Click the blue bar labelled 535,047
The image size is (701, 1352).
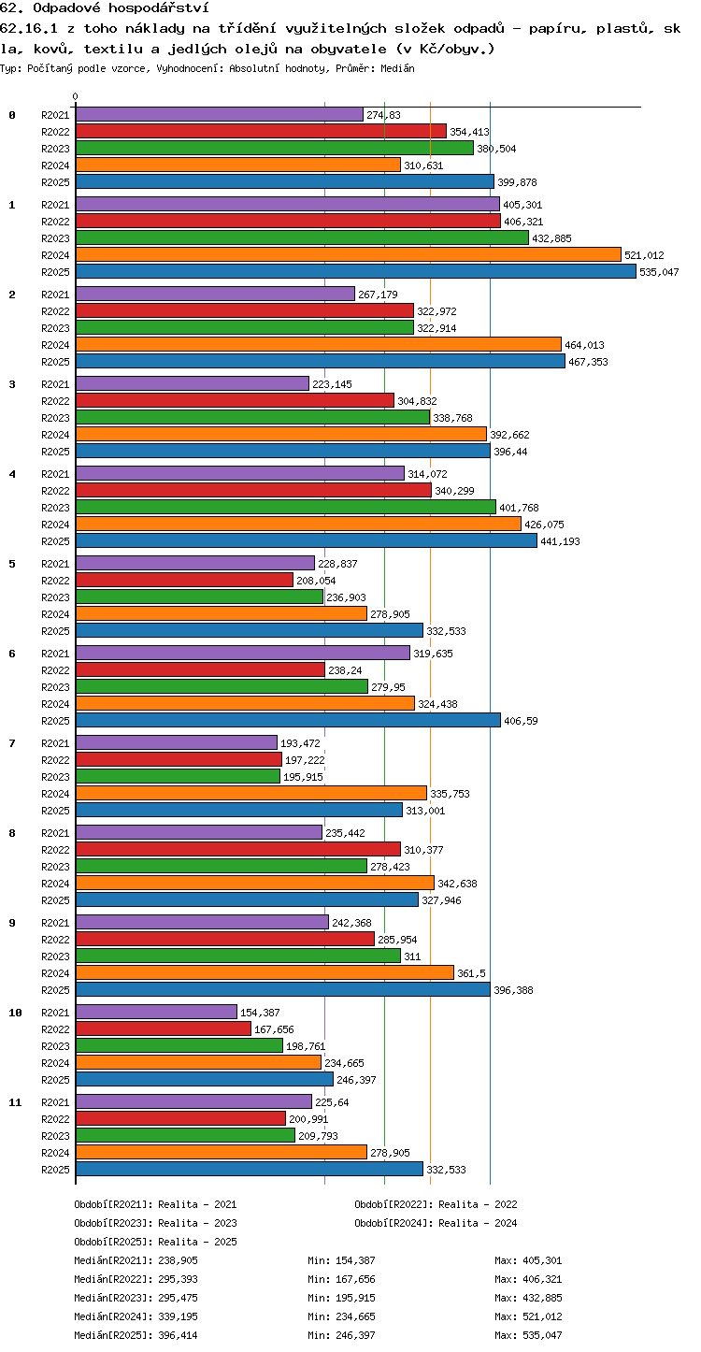[x=356, y=271]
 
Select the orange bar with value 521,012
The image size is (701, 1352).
[x=349, y=254]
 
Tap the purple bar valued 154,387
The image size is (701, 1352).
[x=156, y=1013]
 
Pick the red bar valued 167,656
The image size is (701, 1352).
[x=164, y=1029]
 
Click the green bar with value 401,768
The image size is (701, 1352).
[x=286, y=507]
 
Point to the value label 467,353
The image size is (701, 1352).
[x=588, y=362]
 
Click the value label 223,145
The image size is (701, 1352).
[x=332, y=384]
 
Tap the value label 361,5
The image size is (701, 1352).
[x=471, y=973]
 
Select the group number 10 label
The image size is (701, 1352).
[x=15, y=1013]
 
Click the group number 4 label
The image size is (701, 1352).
[x=12, y=474]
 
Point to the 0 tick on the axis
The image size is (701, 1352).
[x=76, y=96]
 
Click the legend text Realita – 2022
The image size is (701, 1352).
[x=478, y=1204]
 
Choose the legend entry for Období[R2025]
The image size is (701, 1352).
[x=156, y=1242]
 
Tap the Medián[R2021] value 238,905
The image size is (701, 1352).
[x=178, y=1260]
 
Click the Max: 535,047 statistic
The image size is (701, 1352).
[x=528, y=1335]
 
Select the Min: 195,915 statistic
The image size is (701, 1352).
[x=341, y=1298]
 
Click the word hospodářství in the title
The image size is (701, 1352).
[x=159, y=8]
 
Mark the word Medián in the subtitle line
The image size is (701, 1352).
[x=397, y=68]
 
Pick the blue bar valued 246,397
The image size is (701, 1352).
[x=205, y=1079]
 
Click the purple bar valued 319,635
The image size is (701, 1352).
[x=243, y=653]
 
